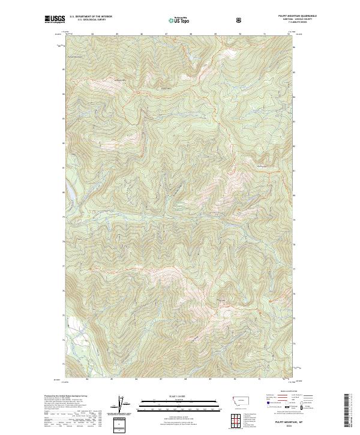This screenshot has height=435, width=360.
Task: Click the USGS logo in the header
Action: click(55, 20)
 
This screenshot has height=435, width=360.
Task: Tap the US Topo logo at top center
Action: click(179, 20)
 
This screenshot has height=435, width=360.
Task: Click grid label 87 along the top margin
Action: click(166, 34)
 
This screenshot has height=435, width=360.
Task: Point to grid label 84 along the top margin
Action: click(92, 34)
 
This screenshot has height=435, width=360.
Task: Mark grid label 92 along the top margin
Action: click(289, 34)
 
